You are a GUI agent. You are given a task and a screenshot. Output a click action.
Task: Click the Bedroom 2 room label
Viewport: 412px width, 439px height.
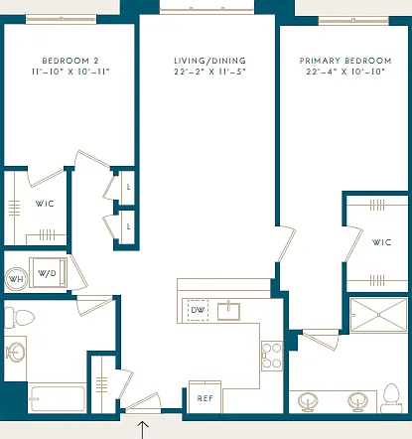pyautogui.click(x=70, y=61)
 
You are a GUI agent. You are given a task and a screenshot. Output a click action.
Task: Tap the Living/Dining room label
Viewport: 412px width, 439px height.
pyautogui.click(x=209, y=61)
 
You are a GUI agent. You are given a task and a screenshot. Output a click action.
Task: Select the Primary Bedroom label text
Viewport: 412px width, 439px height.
pyautogui.click(x=345, y=61)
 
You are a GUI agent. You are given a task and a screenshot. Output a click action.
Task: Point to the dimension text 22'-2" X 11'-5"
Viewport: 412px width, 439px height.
pyautogui.click(x=209, y=72)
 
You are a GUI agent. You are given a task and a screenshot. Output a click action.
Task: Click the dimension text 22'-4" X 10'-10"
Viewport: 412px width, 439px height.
pyautogui.click(x=345, y=72)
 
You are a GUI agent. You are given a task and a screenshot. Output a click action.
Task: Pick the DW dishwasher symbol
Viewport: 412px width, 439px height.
pyautogui.click(x=198, y=310)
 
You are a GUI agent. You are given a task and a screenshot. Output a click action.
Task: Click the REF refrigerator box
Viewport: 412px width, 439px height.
pyautogui.click(x=205, y=397)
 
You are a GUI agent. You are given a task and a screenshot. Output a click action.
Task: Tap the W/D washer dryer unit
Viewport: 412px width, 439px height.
pyautogui.click(x=48, y=272)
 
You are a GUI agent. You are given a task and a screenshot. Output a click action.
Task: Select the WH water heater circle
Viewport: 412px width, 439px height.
pyautogui.click(x=16, y=279)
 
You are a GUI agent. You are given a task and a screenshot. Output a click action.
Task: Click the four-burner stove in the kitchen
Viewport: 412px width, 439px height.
pyautogui.click(x=272, y=356)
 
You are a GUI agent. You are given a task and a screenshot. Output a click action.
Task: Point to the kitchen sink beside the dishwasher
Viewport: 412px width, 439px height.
pyautogui.click(x=228, y=311)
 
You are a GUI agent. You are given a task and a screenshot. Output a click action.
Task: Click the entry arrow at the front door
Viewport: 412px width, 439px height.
pyautogui.click(x=143, y=430)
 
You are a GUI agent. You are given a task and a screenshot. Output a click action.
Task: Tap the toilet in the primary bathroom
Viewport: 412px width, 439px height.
pyautogui.click(x=391, y=398)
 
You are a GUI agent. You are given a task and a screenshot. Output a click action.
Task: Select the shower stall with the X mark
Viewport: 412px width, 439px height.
pyautogui.click(x=378, y=315)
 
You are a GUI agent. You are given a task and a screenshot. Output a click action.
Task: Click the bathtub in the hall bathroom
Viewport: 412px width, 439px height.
pyautogui.click(x=57, y=397)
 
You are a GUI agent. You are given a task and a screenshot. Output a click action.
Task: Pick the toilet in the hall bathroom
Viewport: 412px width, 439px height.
pyautogui.click(x=19, y=318)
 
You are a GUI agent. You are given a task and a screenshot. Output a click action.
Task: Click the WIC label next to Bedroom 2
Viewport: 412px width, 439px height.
pyautogui.click(x=45, y=204)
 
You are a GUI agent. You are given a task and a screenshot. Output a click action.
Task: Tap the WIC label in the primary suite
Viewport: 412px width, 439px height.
pyautogui.click(x=381, y=242)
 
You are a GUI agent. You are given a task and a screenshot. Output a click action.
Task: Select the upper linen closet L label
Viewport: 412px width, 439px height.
pyautogui.click(x=128, y=187)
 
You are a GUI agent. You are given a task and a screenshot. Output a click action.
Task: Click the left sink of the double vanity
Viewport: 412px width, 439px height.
pyautogui.click(x=308, y=401)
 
